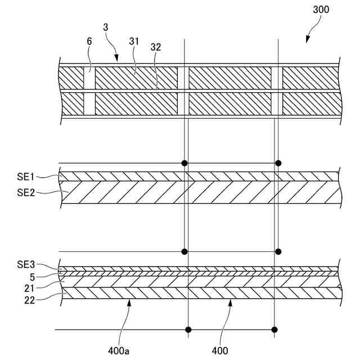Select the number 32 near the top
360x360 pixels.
[155, 48]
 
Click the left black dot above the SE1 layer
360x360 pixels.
[184, 163]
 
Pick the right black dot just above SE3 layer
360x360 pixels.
[278, 251]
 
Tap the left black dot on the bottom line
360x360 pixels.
[188, 329]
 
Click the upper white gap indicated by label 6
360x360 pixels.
[89, 78]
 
